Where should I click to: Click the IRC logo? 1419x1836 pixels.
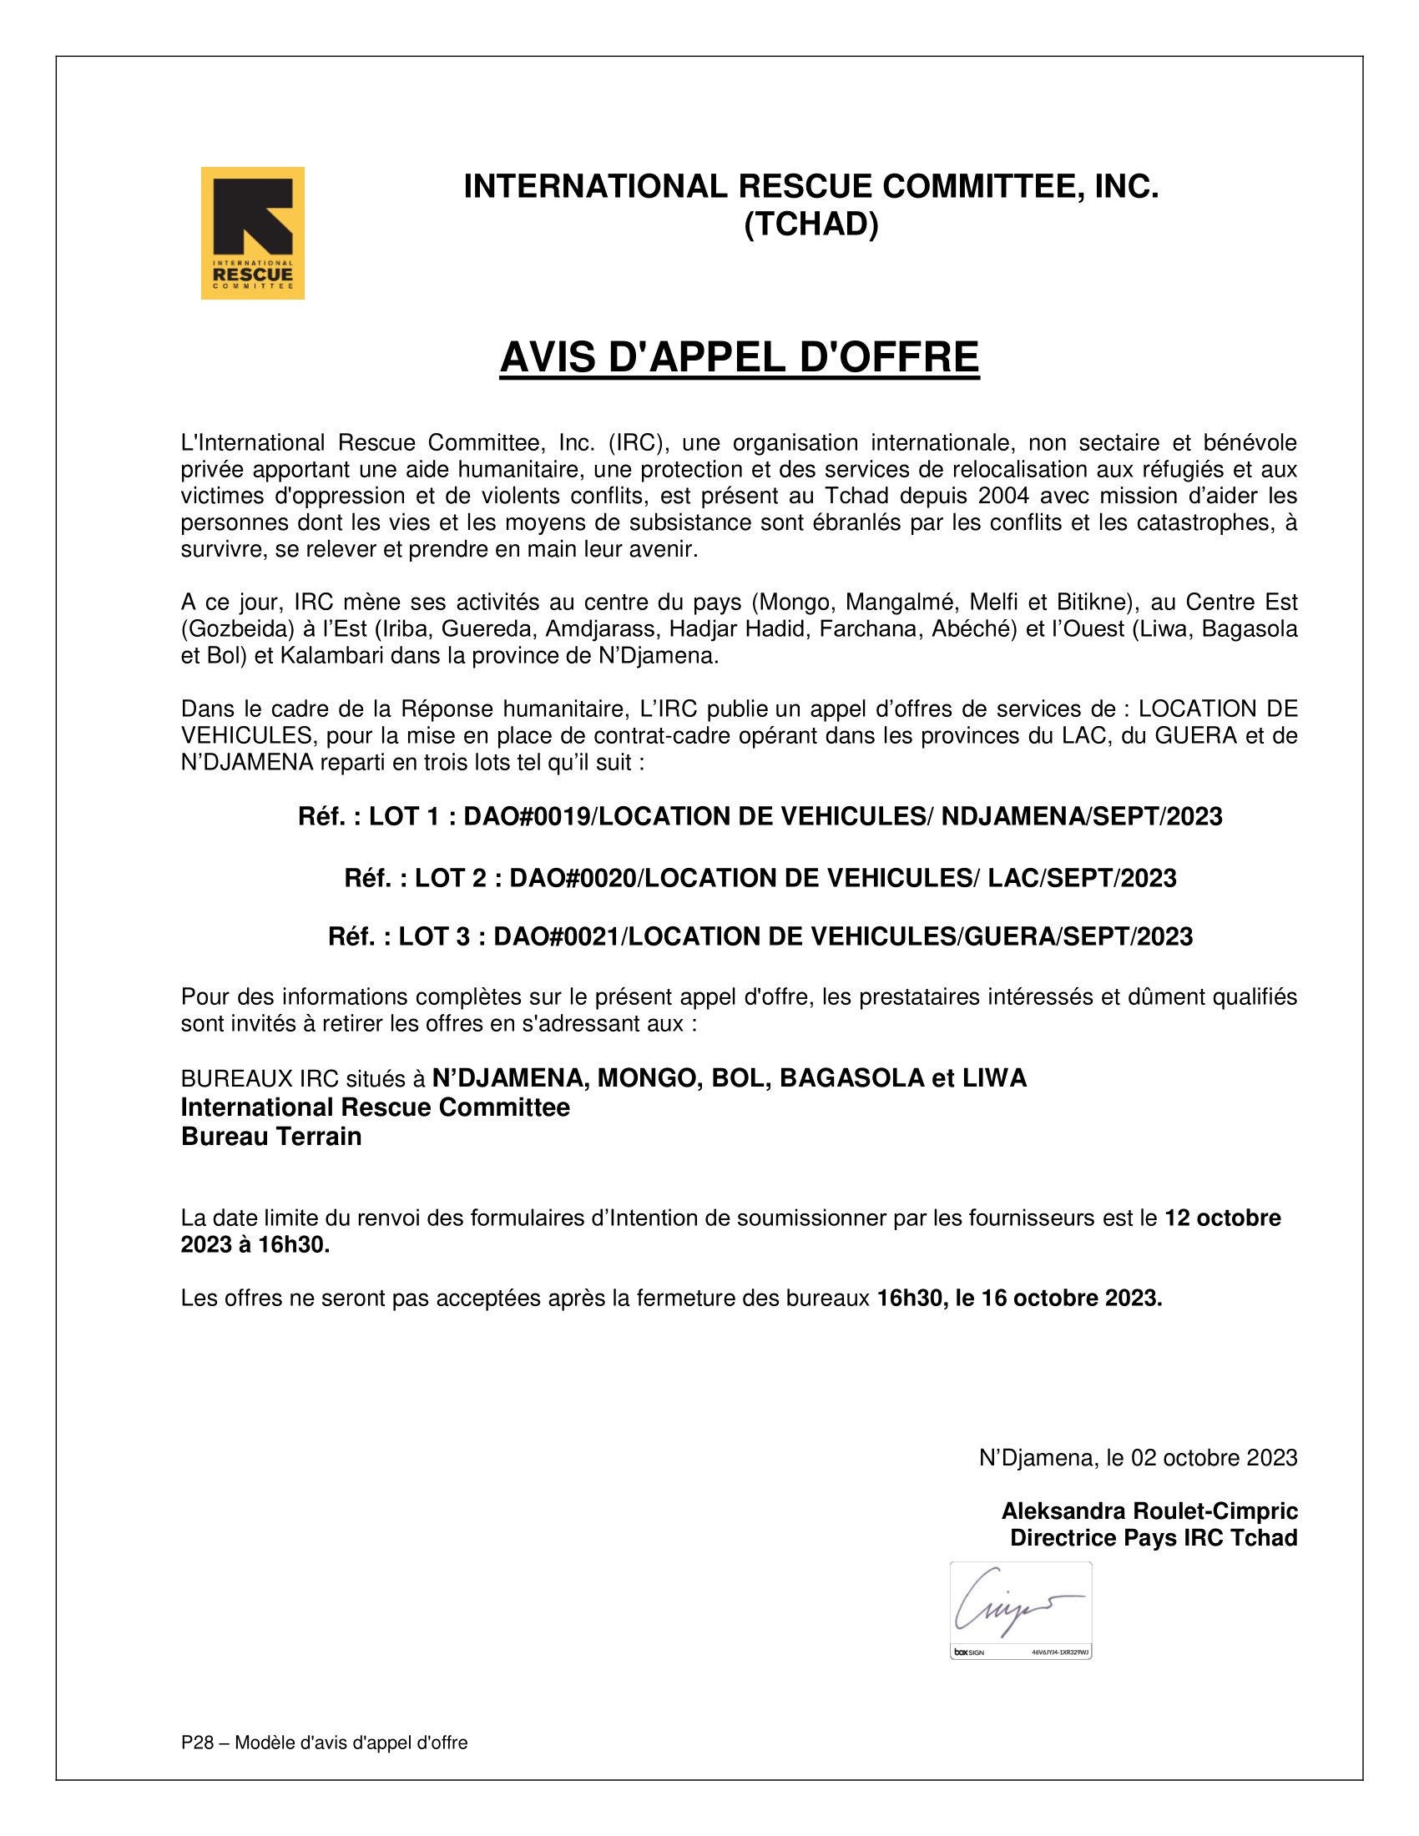point(252,233)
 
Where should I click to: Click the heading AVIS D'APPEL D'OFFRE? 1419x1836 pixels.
point(739,357)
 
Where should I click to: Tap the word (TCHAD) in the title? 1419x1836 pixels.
point(810,224)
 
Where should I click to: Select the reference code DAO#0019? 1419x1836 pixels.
point(527,816)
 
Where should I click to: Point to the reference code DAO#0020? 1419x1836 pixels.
point(573,878)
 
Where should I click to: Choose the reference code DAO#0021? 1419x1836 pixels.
point(557,936)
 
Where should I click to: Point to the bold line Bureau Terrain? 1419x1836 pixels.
point(270,1137)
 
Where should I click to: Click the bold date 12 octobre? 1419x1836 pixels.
point(1222,1218)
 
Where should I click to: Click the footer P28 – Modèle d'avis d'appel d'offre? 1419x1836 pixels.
point(324,1743)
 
